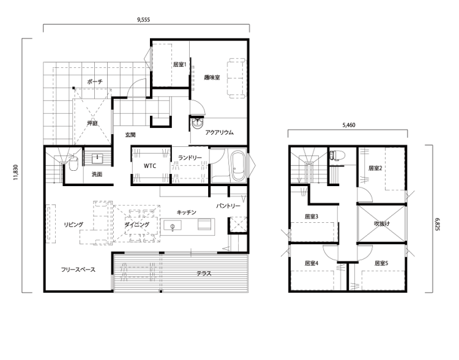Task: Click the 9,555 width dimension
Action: point(143,20)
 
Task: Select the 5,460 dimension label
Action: point(349,125)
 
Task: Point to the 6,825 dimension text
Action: point(438,224)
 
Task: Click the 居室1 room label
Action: point(179,64)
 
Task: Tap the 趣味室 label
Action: point(212,78)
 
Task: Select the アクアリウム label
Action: point(219,132)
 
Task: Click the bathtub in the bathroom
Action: point(237,166)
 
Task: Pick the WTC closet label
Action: point(150,166)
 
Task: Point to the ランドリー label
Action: point(190,157)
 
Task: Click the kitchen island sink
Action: point(172,226)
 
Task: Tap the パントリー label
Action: point(228,206)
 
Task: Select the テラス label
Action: point(204,274)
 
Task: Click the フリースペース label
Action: point(78,269)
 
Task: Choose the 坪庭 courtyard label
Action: point(92,123)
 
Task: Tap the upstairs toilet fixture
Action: point(334,155)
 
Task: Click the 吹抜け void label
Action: point(381,223)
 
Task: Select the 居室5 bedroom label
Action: point(381,263)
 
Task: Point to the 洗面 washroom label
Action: point(97,174)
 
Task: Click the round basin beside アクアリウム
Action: point(198,123)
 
